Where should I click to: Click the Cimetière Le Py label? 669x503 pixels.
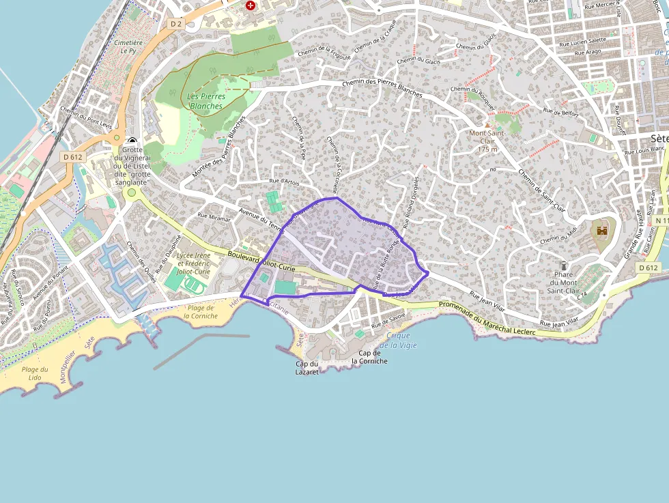pos(128,46)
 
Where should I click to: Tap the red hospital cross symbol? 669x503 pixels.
pos(251,5)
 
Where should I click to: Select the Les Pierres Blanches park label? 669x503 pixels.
pos(205,101)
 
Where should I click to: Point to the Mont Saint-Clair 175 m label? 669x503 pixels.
pos(487,141)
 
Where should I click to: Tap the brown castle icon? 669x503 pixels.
pos(602,231)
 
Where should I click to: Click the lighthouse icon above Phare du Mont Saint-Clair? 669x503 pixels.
pos(564,265)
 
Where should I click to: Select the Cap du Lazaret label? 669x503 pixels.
pos(307,367)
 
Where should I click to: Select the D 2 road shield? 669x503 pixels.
pos(176,24)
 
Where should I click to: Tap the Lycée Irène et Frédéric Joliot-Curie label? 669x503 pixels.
pos(193,263)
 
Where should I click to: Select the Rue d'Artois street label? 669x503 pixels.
pos(285,182)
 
